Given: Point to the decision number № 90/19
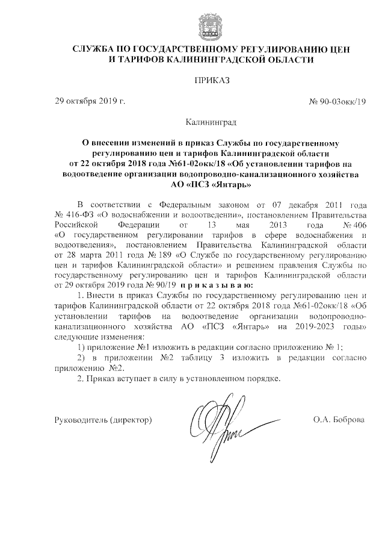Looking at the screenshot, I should (x=162, y=284).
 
